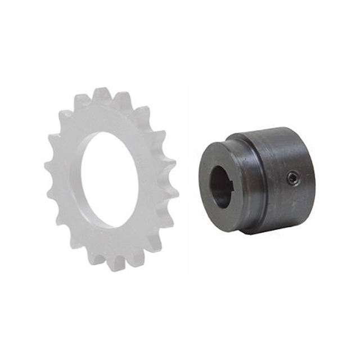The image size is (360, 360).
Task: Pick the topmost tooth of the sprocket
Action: click(102, 94)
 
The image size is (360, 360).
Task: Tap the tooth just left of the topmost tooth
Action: click(82, 101)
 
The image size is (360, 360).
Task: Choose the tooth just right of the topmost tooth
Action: click(122, 98)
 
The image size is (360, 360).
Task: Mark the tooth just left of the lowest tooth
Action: click(96, 258)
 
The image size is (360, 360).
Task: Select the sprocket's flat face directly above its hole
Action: click(104, 118)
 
